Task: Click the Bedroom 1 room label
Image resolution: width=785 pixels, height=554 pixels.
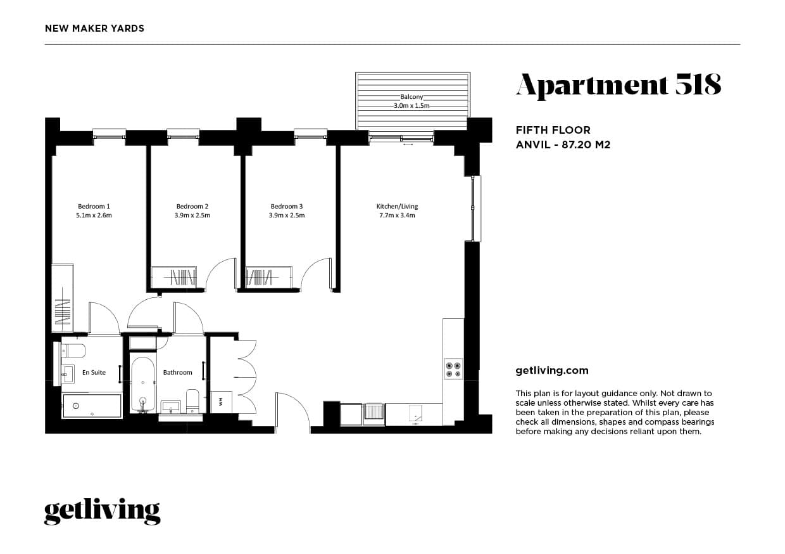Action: [x=94, y=206]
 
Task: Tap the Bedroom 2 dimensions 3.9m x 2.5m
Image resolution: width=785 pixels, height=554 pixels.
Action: [x=192, y=216]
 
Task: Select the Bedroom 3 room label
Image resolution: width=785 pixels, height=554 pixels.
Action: [x=287, y=206]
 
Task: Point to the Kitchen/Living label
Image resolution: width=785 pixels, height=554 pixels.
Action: [x=397, y=206]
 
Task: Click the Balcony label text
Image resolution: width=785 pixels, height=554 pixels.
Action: [x=411, y=96]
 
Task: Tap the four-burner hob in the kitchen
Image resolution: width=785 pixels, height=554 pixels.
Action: [x=453, y=369]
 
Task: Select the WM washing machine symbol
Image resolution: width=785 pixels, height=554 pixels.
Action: [x=221, y=402]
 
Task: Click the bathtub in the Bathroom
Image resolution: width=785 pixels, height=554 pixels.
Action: [x=142, y=385]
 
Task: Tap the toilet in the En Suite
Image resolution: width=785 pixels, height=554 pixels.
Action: [x=73, y=350]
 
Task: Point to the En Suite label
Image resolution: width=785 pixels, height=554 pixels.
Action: [x=94, y=372]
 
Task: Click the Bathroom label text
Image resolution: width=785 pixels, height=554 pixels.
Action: [x=178, y=372]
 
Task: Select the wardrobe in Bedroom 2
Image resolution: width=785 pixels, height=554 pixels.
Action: [x=174, y=277]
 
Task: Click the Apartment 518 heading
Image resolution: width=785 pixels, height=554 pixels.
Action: [x=619, y=86]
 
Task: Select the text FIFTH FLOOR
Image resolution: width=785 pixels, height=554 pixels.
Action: [x=553, y=130]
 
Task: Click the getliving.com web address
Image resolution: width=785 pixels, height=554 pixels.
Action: [x=552, y=371]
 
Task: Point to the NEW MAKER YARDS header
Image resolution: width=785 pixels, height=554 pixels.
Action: [x=94, y=29]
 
